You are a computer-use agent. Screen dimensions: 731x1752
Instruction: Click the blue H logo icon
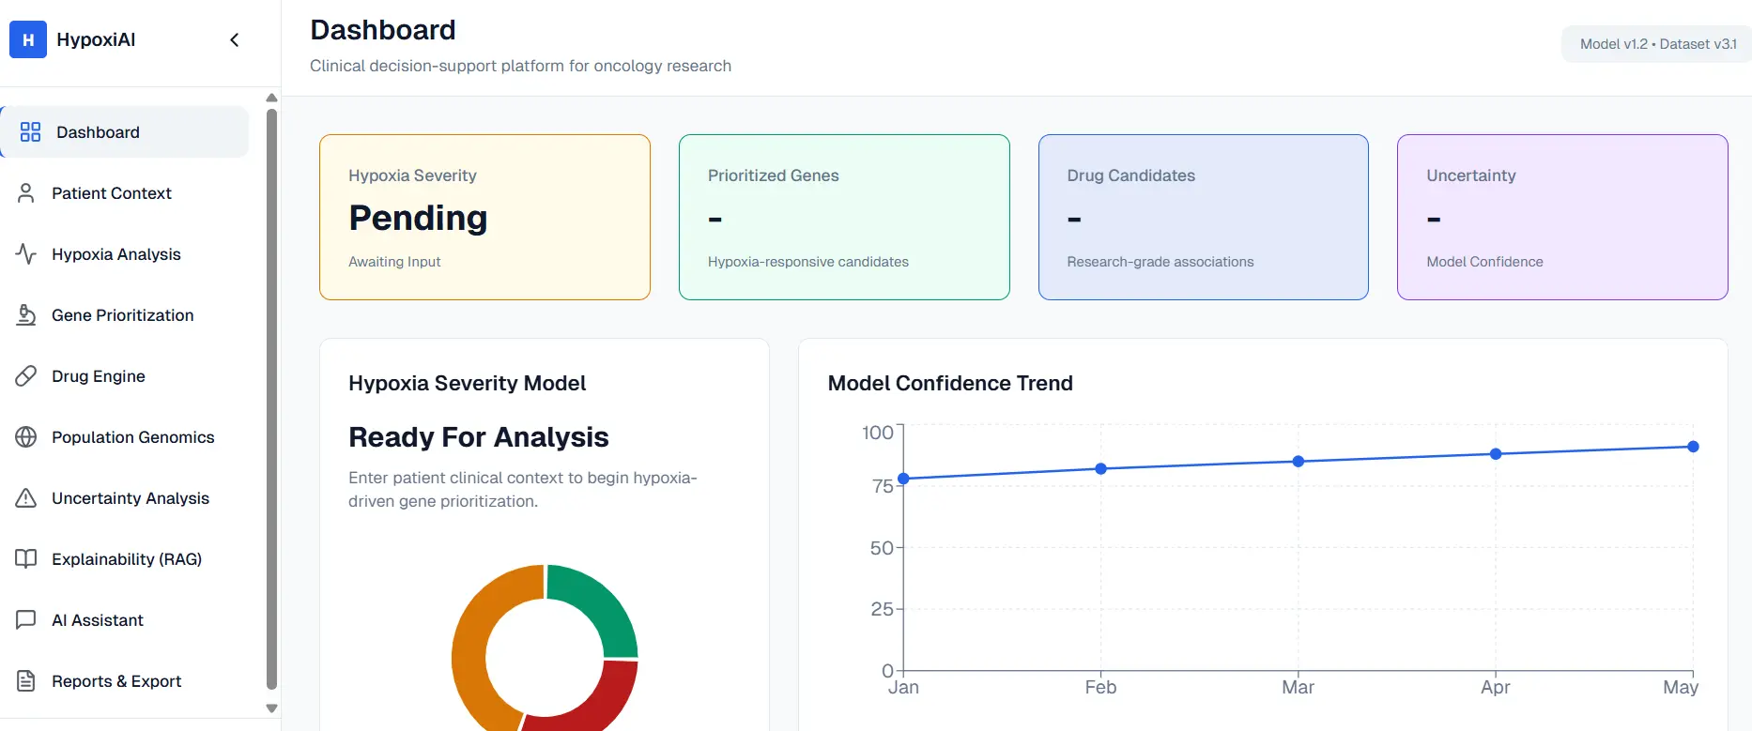(28, 39)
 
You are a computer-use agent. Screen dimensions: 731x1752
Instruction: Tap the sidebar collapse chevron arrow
(235, 39)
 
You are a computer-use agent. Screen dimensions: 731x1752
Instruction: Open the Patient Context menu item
(111, 193)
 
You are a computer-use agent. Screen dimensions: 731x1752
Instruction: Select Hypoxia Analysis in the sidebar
(115, 254)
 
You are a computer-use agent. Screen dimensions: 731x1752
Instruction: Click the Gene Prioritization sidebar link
(122, 315)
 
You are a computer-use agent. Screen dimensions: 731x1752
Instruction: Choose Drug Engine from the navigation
(98, 376)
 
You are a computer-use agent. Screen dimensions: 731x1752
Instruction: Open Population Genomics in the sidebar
(132, 437)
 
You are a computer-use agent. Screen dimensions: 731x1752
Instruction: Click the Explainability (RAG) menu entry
(127, 559)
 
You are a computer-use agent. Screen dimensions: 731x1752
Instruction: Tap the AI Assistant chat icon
(26, 620)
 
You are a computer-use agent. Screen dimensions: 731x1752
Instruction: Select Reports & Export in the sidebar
(115, 681)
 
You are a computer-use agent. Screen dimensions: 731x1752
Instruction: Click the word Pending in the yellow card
(418, 218)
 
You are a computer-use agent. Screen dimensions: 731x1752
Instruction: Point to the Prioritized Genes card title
(773, 175)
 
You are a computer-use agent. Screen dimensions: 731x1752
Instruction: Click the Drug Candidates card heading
(1130, 175)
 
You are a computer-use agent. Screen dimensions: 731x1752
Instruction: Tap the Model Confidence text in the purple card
(1484, 262)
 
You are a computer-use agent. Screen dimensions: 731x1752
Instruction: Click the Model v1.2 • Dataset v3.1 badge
(1657, 44)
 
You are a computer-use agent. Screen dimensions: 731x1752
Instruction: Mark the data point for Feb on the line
(1100, 468)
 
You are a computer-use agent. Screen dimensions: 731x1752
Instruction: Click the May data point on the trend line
(1693, 447)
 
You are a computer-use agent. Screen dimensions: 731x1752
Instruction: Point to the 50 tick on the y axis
(882, 548)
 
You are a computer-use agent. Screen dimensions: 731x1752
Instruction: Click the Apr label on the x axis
(1495, 687)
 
